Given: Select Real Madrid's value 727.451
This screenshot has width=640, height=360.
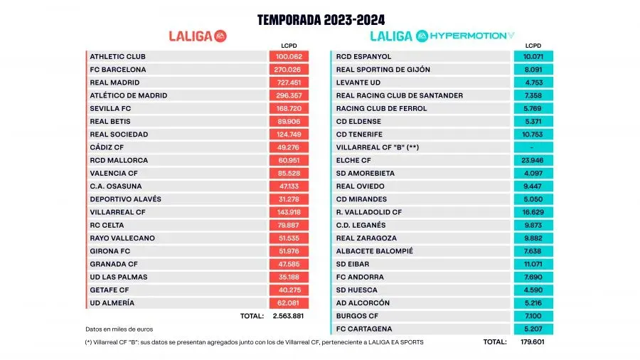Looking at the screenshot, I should click(x=289, y=83).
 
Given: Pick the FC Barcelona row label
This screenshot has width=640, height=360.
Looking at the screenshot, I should click(x=118, y=70).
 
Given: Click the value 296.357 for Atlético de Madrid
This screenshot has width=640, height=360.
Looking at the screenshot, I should click(x=289, y=95).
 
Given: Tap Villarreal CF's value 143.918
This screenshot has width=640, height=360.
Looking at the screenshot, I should click(x=289, y=212).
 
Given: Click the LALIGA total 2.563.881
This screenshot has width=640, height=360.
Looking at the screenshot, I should click(x=289, y=315).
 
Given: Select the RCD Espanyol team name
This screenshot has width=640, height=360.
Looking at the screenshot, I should click(x=364, y=56).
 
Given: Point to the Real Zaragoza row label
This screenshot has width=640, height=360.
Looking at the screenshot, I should click(x=367, y=238).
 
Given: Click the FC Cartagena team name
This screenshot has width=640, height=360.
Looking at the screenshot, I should click(x=366, y=329).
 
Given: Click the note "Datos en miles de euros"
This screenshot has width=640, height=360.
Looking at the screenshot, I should click(x=119, y=329).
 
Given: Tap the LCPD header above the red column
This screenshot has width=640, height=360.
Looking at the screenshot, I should click(x=289, y=46).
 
